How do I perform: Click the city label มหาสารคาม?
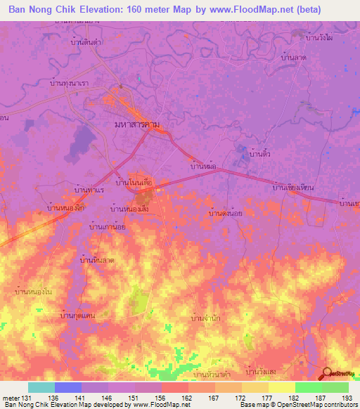[x=141, y=124]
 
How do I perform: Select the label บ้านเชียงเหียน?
[x=292, y=188]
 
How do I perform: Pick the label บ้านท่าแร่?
[x=89, y=190]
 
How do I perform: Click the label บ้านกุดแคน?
[x=77, y=316]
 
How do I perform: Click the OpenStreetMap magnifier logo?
[x=327, y=374]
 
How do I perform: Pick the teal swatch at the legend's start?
[x=41, y=387]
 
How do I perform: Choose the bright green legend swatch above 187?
[x=308, y=387]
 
